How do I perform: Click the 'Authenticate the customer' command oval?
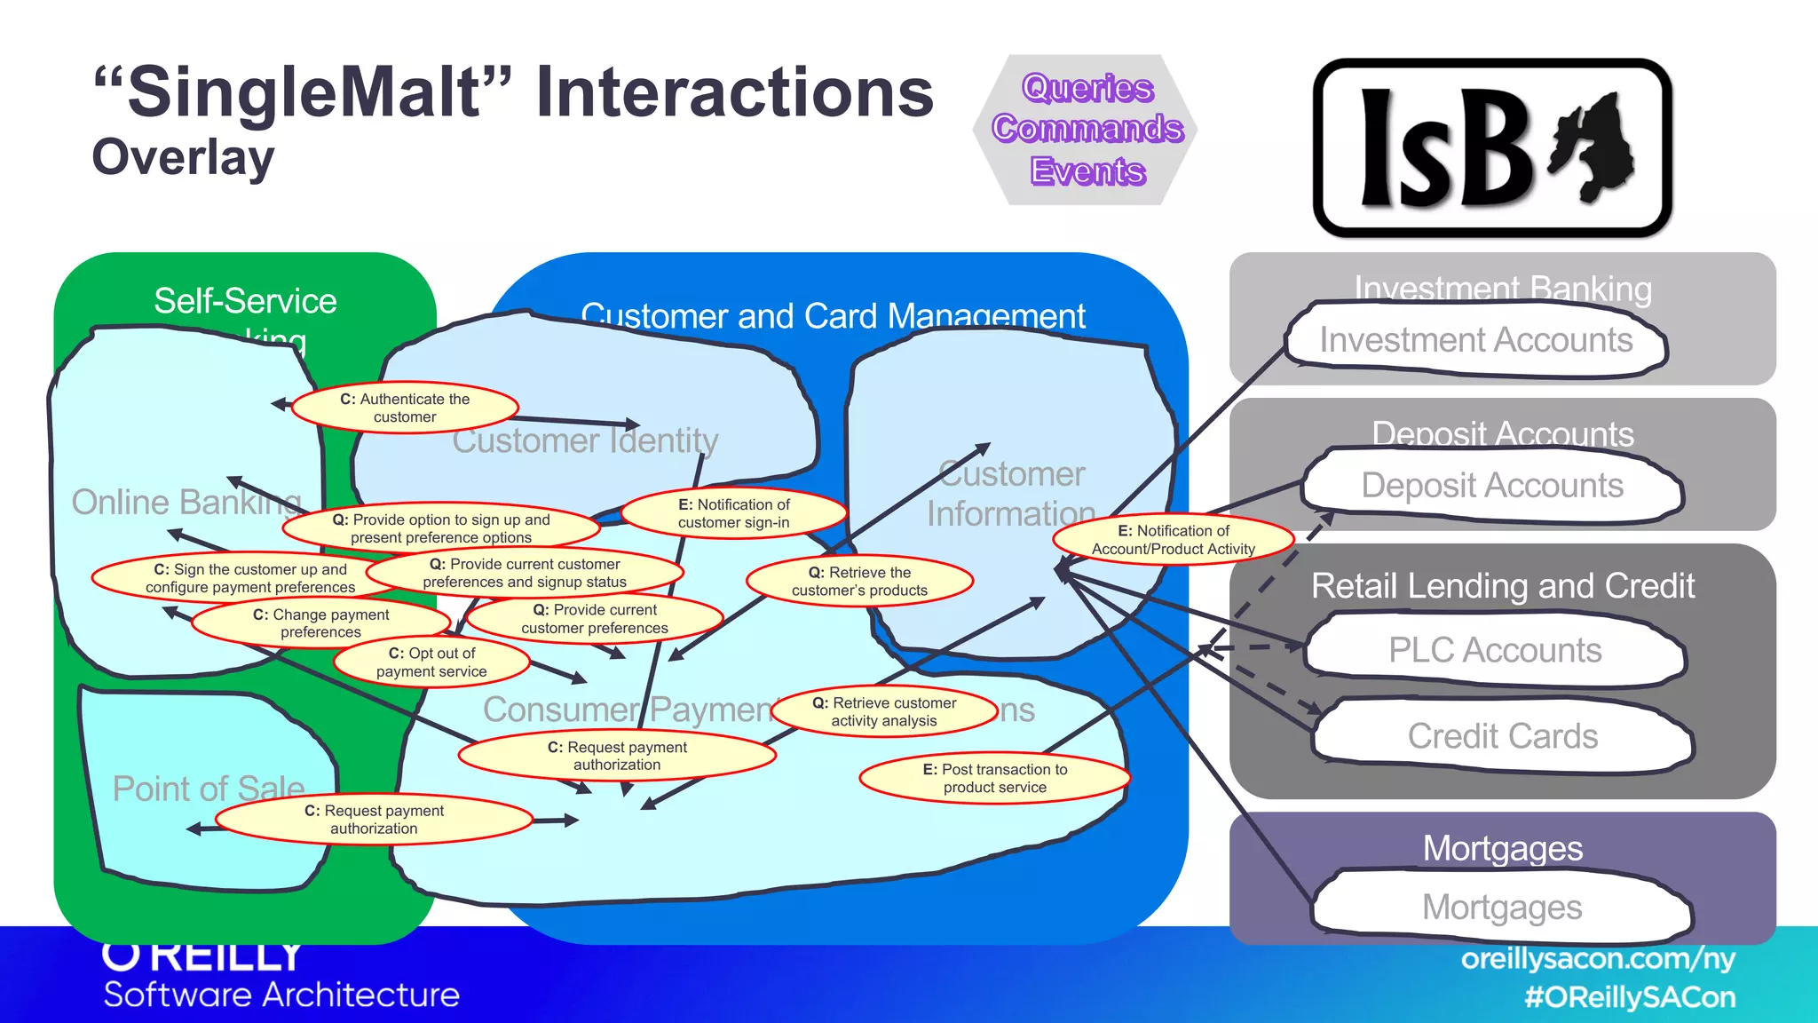click(x=405, y=408)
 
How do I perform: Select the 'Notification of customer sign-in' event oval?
click(x=734, y=513)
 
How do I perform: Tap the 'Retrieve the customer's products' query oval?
click(x=859, y=582)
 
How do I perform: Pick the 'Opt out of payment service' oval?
click(x=431, y=662)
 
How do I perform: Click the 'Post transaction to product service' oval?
click(x=994, y=779)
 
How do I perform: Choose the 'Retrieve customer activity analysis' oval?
click(x=884, y=712)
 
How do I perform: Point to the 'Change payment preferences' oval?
click(x=320, y=623)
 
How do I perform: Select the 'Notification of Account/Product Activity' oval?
click(x=1173, y=540)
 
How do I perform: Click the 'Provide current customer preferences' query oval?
click(x=594, y=619)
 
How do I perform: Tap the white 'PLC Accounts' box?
click(x=1495, y=651)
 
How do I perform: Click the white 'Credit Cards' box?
click(x=1502, y=736)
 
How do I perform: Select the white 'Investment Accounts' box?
click(x=1475, y=340)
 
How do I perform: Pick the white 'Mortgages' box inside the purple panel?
click(x=1502, y=908)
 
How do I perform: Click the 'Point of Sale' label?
click(x=209, y=789)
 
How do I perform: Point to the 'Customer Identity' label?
click(x=585, y=440)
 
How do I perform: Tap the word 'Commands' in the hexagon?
click(x=1087, y=129)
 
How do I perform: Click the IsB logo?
click(x=1492, y=148)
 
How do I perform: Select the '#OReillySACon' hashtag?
click(x=1630, y=997)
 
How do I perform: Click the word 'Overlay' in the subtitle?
click(x=184, y=158)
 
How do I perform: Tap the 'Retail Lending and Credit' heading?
click(x=1503, y=586)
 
